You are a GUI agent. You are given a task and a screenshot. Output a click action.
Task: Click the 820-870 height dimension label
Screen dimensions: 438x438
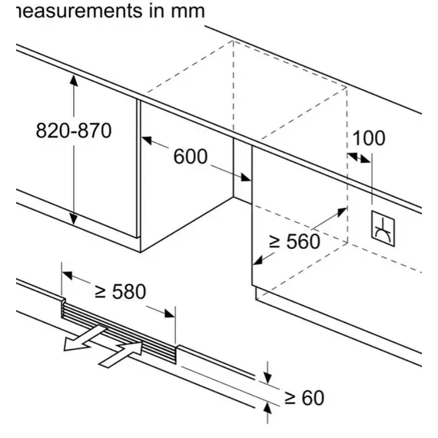tap(74, 131)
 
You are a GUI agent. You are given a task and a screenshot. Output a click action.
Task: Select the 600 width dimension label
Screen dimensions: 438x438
tap(191, 156)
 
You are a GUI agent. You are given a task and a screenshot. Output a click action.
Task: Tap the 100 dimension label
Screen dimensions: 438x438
tap(369, 138)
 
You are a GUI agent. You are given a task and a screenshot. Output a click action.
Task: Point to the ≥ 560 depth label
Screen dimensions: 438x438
tap(294, 241)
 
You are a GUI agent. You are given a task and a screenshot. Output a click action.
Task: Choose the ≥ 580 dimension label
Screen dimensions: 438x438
tap(121, 292)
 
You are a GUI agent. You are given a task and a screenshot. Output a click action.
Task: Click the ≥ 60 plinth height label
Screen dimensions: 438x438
tap(304, 397)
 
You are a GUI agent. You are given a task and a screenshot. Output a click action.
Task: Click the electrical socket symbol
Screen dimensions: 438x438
tap(383, 228)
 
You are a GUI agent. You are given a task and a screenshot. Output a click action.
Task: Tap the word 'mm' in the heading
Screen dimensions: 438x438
tap(187, 12)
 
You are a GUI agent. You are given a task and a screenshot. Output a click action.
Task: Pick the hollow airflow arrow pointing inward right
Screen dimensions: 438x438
tap(121, 354)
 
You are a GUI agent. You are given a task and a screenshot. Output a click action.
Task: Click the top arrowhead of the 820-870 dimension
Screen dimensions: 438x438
tap(74, 81)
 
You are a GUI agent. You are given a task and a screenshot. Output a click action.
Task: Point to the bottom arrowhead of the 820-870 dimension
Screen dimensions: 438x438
tap(74, 219)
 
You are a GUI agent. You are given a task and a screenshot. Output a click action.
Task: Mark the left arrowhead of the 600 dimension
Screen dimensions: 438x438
tap(147, 140)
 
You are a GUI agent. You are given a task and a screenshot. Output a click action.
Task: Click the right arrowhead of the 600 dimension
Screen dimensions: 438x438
tap(246, 178)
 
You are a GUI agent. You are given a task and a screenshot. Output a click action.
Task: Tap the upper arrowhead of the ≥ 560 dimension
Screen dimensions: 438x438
tap(342, 212)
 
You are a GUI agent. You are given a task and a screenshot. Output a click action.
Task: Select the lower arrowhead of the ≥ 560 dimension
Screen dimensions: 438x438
tap(258, 260)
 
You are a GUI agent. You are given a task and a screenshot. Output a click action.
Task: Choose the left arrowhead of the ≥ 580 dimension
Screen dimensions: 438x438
tap(68, 275)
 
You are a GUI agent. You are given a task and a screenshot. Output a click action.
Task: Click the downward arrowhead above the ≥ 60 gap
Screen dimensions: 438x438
tap(267, 377)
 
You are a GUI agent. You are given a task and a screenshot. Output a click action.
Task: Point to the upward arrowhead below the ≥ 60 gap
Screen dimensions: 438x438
tap(267, 409)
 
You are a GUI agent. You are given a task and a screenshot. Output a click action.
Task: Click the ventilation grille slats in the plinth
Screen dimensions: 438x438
tap(118, 333)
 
